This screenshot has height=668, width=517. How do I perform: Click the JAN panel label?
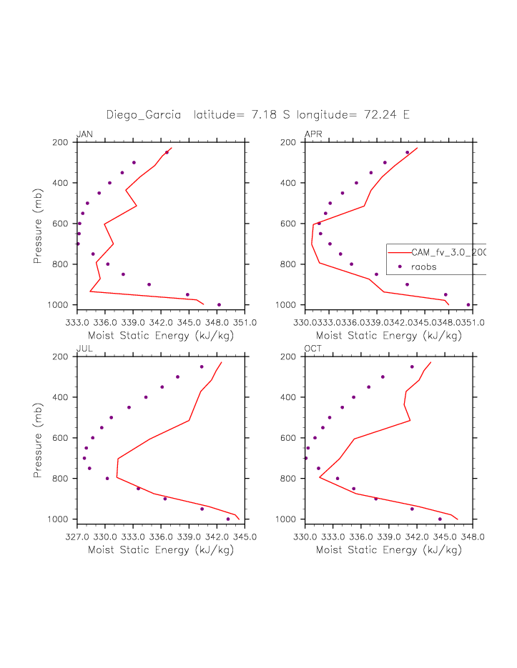[84, 134]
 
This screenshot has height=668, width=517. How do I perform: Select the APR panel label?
[312, 134]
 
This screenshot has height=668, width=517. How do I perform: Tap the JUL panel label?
[84, 348]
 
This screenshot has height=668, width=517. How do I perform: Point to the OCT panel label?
[313, 348]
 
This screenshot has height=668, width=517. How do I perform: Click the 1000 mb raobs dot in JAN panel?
[219, 305]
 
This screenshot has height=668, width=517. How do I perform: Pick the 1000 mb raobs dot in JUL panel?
[228, 519]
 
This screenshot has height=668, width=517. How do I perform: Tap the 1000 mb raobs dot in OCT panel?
[440, 519]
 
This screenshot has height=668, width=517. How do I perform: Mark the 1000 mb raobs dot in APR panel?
[468, 305]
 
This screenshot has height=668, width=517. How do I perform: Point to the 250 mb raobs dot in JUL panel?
[202, 367]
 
